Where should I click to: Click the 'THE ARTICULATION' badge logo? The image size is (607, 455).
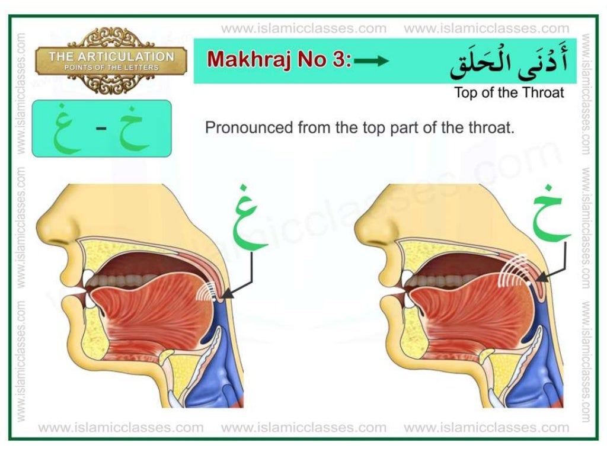tap(111, 60)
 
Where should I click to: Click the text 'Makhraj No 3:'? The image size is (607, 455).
tap(279, 60)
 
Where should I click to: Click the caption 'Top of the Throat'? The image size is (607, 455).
tap(509, 92)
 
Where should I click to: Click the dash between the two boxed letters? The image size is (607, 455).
tap(101, 129)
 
